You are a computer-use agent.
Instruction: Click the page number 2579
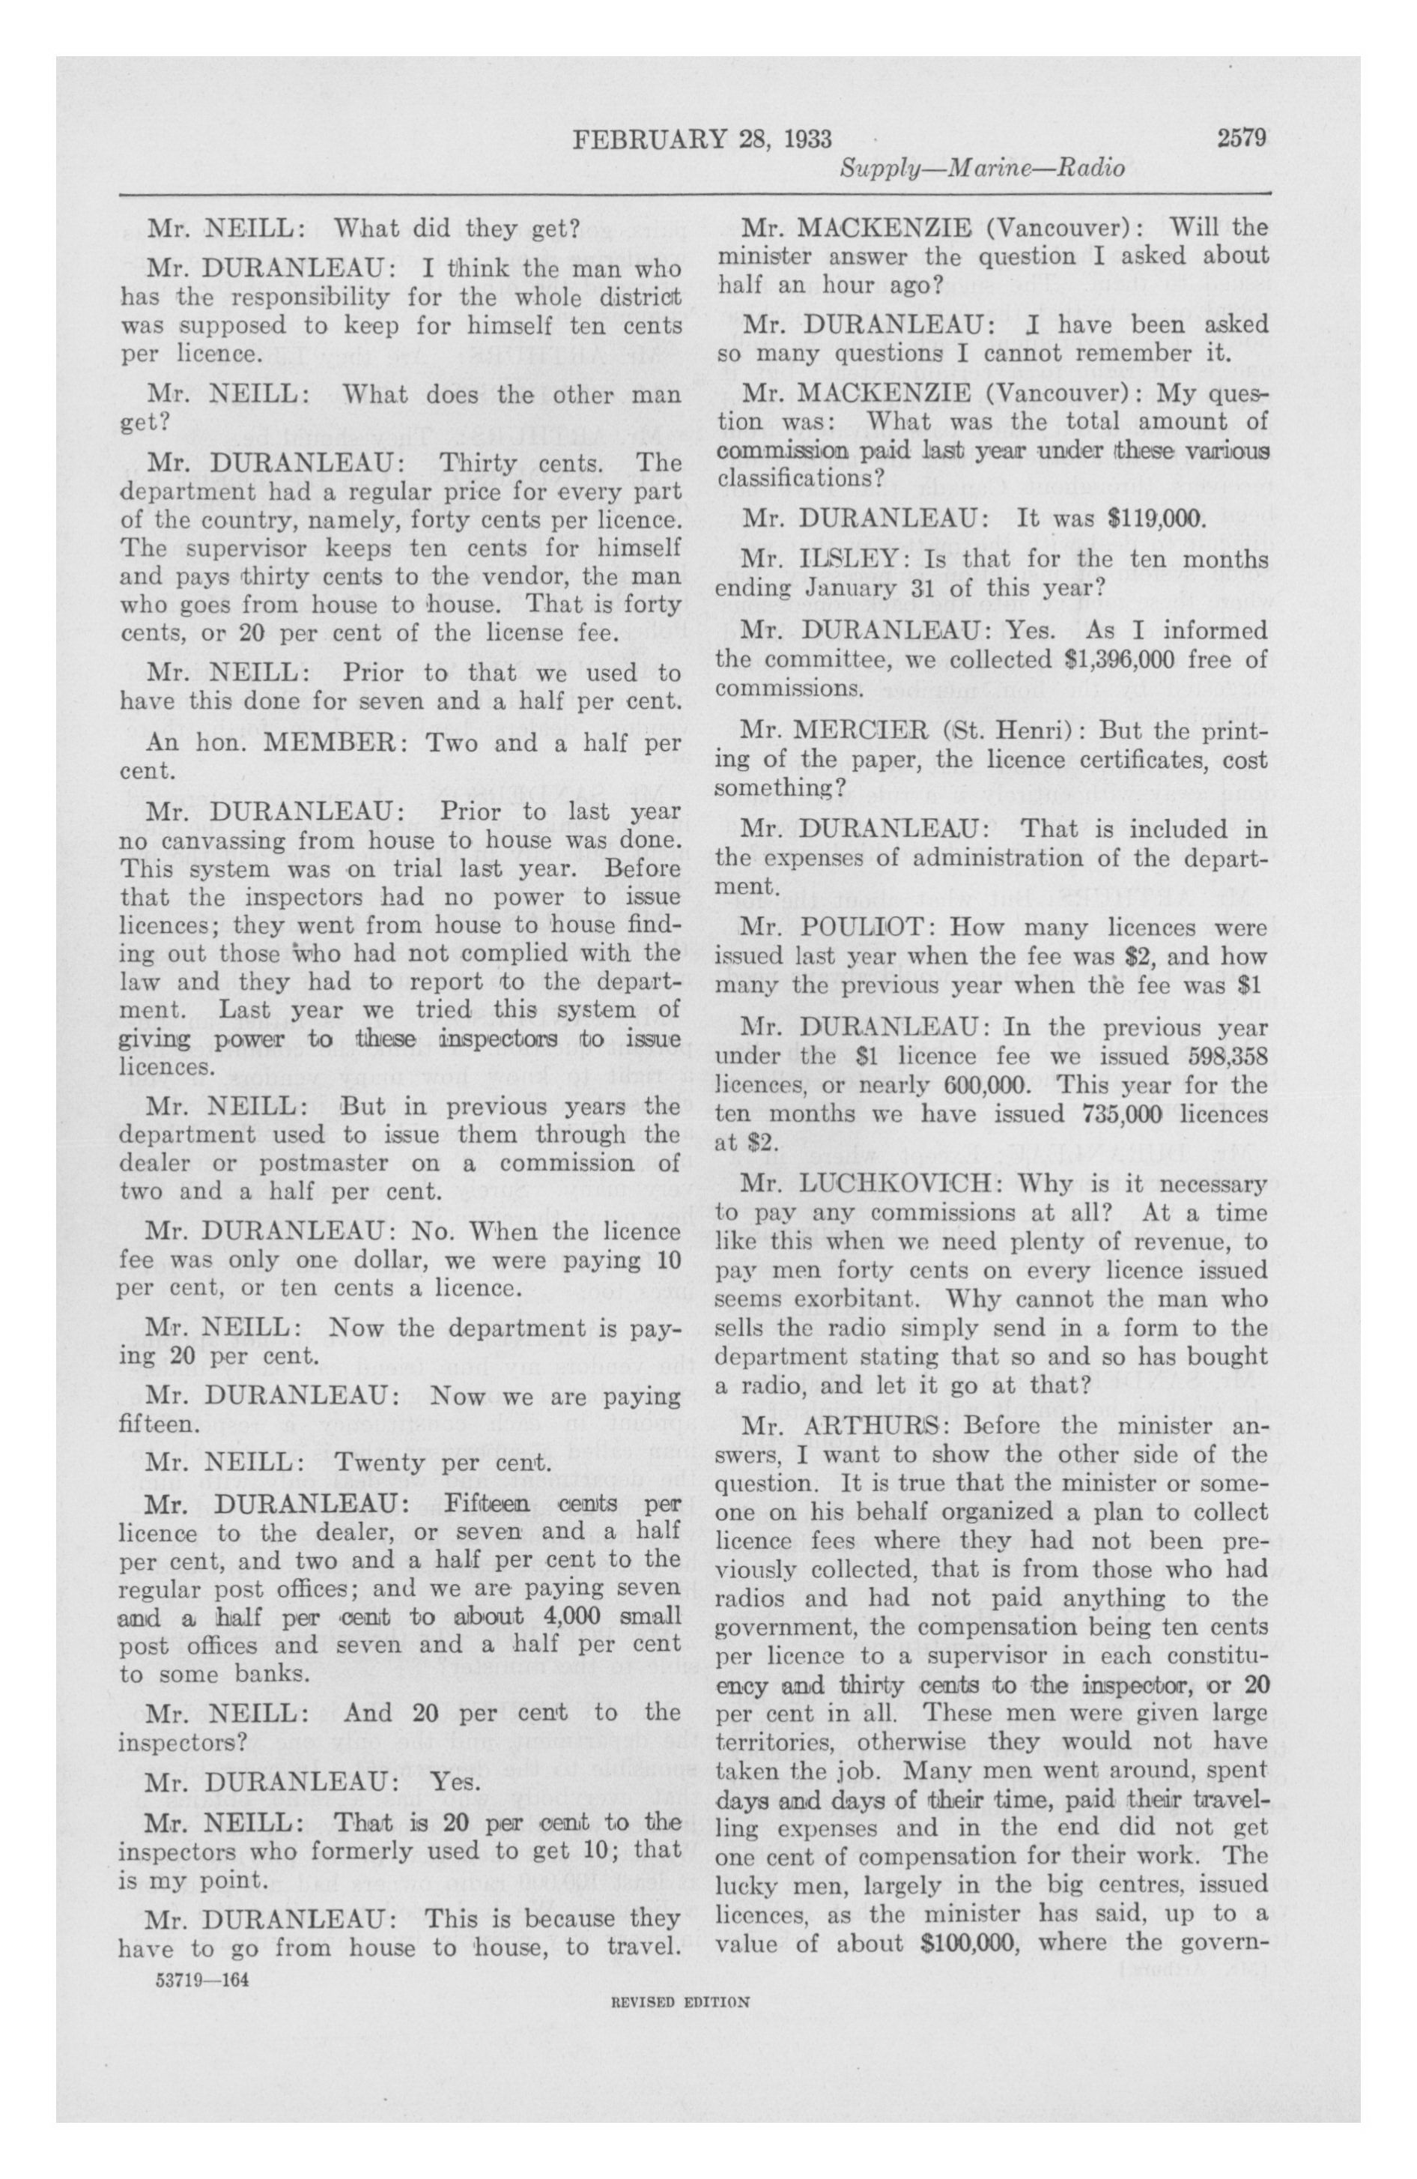pyautogui.click(x=1241, y=139)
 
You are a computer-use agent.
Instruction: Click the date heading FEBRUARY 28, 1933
pyautogui.click(x=702, y=140)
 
